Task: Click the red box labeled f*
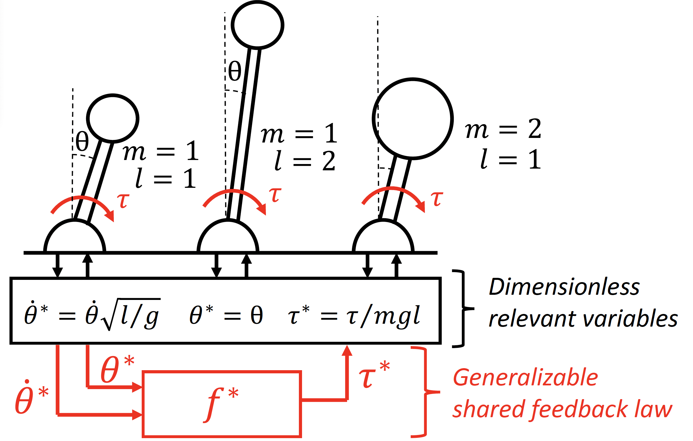click(222, 404)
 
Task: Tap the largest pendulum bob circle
click(413, 118)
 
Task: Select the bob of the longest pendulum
click(257, 25)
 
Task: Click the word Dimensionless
click(564, 287)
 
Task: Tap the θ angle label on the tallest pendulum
click(235, 71)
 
